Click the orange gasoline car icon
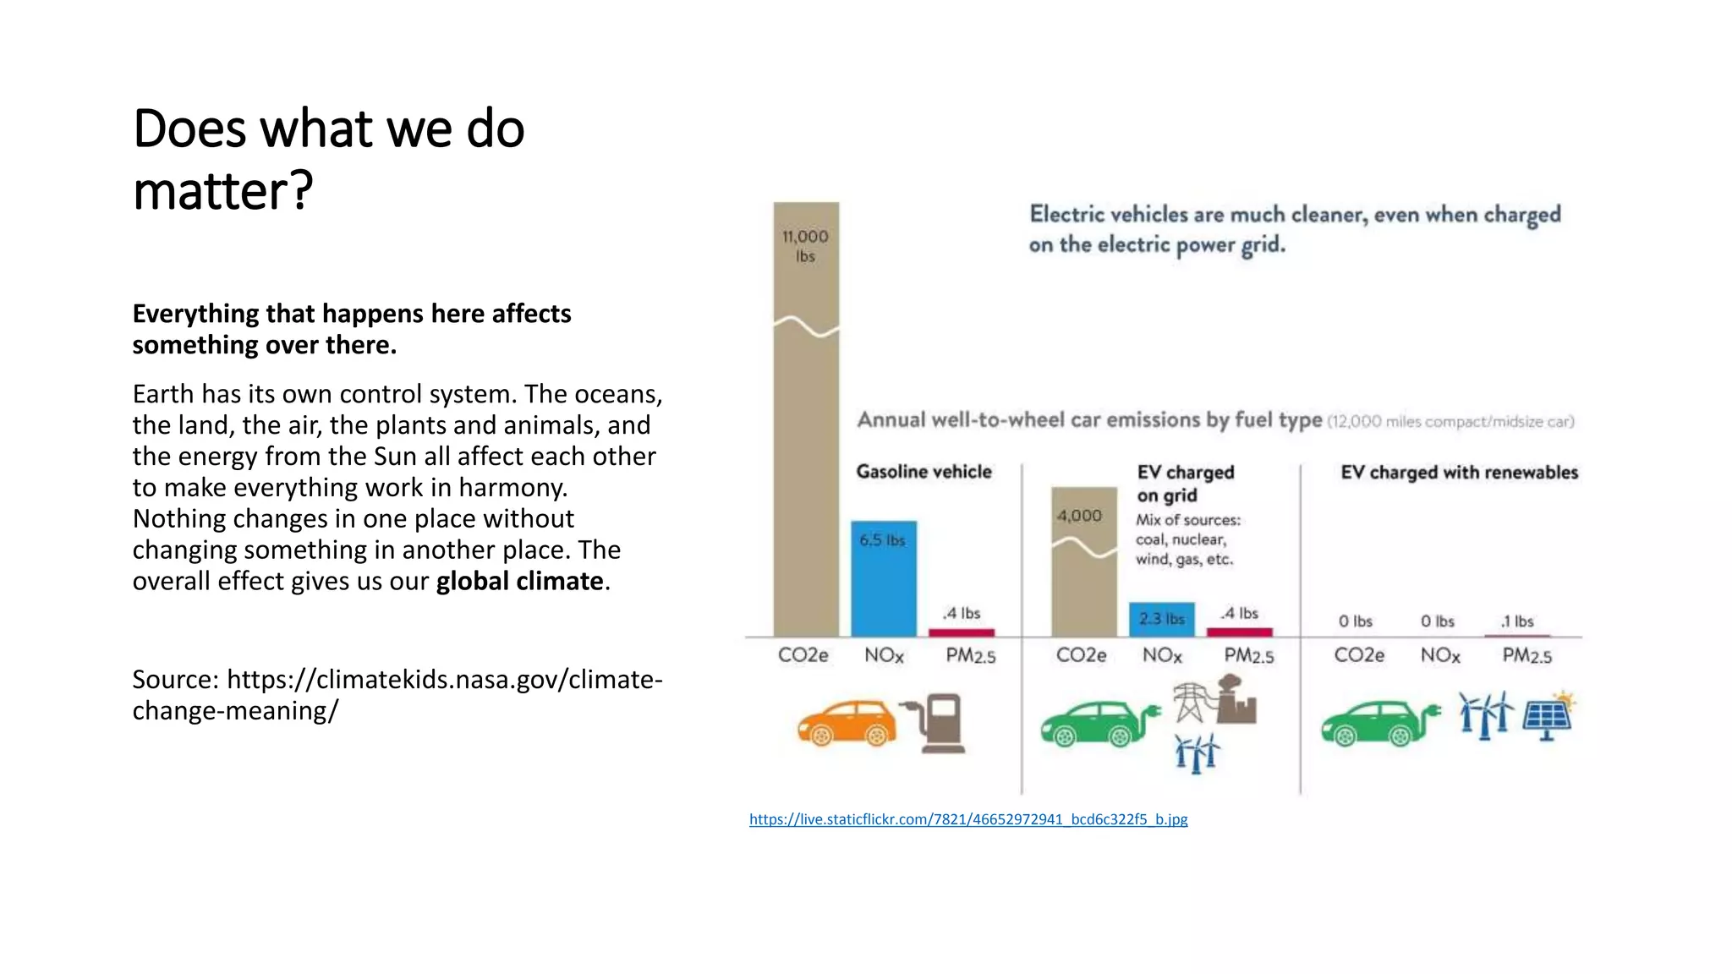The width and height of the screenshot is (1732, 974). (847, 724)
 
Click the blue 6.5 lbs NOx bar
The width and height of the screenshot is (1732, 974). (883, 579)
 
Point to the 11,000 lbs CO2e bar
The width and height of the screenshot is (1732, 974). (806, 423)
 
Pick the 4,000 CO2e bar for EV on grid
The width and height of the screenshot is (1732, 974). (1083, 562)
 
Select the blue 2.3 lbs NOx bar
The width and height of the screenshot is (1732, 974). (1161, 619)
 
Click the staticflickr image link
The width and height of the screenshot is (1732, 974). (968, 819)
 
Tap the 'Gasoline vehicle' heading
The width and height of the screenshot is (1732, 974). (924, 472)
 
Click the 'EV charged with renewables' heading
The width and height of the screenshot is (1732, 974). (1459, 473)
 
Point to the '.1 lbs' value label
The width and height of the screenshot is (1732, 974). (1517, 621)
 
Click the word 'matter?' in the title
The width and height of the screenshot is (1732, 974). (223, 191)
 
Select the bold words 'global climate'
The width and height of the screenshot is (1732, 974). (519, 582)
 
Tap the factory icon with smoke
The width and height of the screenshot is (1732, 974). (1236, 700)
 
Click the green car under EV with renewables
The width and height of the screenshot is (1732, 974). (1379, 724)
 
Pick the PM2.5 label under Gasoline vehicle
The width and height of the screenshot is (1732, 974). (970, 655)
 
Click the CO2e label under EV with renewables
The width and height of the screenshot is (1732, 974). (1359, 655)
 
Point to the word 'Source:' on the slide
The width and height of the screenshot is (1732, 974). (176, 680)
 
